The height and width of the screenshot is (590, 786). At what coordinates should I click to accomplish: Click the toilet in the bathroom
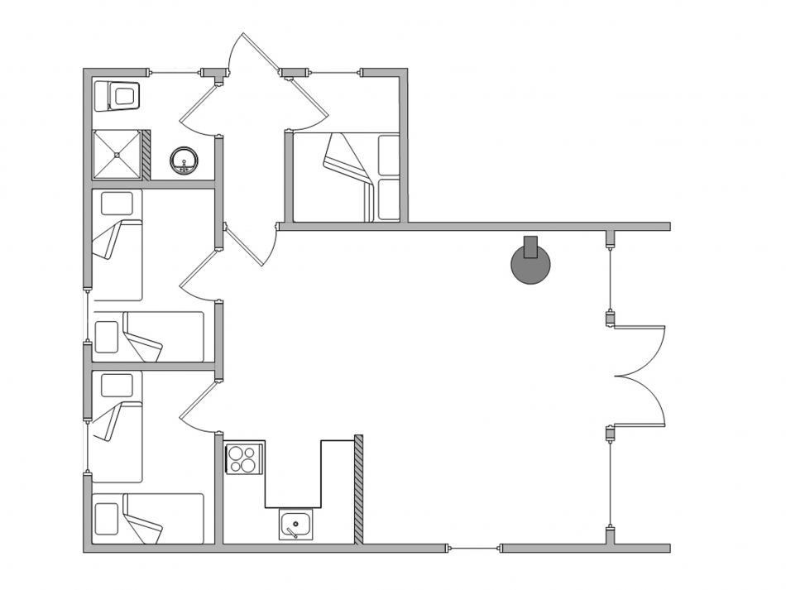(119, 96)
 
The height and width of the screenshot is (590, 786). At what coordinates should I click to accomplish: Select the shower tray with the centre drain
(117, 154)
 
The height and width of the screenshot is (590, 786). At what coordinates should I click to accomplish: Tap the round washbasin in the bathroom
(183, 160)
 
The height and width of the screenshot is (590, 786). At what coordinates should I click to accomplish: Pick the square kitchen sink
(294, 525)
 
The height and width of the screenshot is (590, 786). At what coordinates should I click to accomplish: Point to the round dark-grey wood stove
(530, 266)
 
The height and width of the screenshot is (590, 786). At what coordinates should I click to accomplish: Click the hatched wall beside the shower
(146, 154)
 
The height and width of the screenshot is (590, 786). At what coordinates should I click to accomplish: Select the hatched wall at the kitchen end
(359, 489)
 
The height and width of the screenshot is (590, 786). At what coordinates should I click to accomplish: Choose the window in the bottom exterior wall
(473, 548)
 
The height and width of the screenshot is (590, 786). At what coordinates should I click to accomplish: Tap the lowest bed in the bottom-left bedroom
(147, 519)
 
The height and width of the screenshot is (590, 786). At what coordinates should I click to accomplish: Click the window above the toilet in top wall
(175, 73)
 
